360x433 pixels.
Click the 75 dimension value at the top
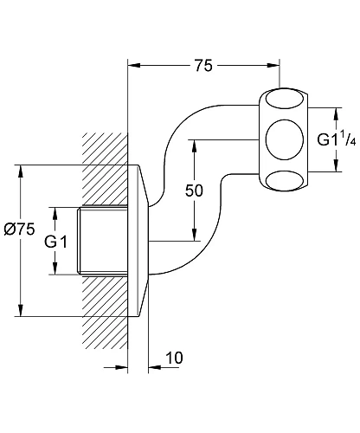pos(205,66)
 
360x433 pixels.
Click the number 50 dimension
pos(194,191)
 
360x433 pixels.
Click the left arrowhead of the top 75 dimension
pos(134,66)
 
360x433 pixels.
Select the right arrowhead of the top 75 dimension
pos(275,66)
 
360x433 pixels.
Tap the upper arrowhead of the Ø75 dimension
pos(20,169)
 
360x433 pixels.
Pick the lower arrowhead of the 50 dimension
pos(194,236)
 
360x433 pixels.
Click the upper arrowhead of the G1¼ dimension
pos(333,111)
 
